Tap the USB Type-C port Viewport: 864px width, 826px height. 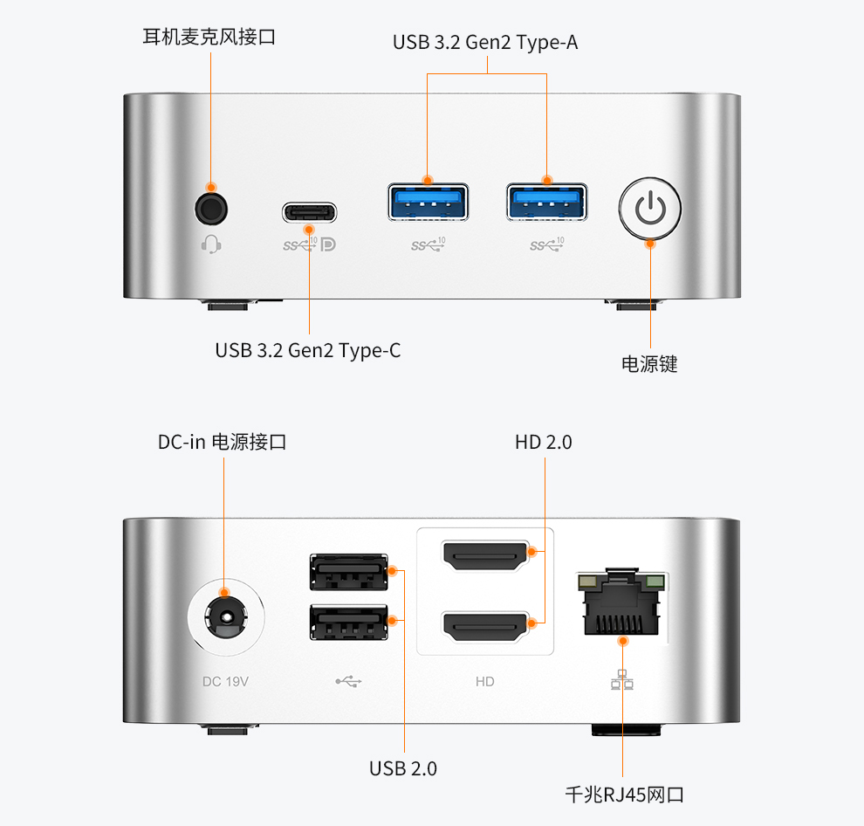point(309,212)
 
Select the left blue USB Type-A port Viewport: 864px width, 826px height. point(428,202)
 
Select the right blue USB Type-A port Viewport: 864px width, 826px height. point(546,202)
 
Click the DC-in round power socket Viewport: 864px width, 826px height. point(226,618)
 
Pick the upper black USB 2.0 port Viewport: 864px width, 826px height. point(348,572)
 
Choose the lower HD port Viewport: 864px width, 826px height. point(486,624)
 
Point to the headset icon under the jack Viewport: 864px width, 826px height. point(210,244)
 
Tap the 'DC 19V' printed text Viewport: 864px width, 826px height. point(225,681)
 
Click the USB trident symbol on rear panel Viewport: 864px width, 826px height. point(348,681)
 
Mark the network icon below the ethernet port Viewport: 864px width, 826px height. point(622,679)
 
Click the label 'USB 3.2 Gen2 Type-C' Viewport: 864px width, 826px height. point(308,351)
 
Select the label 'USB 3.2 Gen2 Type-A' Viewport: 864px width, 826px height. point(485,42)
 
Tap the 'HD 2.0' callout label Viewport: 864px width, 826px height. point(543,443)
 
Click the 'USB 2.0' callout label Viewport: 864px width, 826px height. point(403,768)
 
